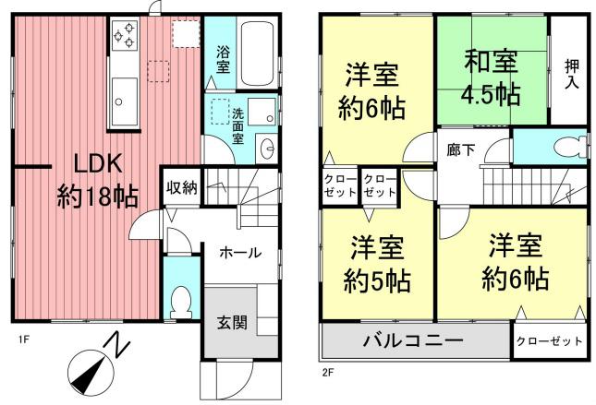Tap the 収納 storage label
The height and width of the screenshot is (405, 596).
[x=182, y=188]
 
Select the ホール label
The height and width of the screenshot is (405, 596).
[x=239, y=252]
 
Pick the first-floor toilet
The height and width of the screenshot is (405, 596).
[x=181, y=300]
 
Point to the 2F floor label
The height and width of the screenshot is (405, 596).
[x=327, y=373]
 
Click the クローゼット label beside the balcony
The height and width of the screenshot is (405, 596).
[x=549, y=341]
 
